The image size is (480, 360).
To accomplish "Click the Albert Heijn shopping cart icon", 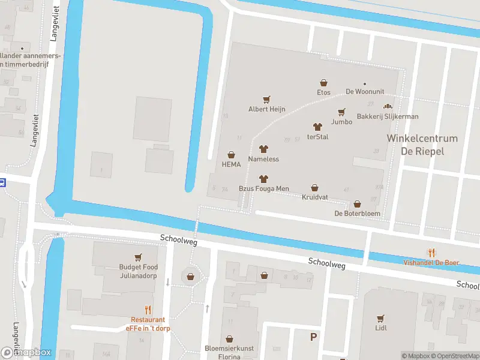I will click(x=267, y=99).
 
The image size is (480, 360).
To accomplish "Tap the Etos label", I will click(x=323, y=92).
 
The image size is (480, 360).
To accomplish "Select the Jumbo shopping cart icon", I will click(x=342, y=112).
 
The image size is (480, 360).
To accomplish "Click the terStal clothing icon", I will click(x=317, y=127).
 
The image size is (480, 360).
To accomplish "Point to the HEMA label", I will click(x=231, y=164).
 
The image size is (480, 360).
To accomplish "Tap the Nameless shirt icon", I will click(x=263, y=149).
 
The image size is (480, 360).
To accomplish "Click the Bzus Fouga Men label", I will click(x=263, y=188).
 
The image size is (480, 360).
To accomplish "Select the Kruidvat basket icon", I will click(x=314, y=188).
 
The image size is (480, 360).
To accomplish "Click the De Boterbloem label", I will click(x=357, y=214).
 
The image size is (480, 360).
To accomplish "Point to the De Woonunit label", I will click(x=364, y=92).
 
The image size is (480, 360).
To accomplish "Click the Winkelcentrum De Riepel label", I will click(x=422, y=145).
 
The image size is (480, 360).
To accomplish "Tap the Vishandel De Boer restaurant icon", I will click(x=430, y=252).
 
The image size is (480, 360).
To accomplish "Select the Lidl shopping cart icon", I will click(x=380, y=318).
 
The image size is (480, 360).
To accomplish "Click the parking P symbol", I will click(x=313, y=337).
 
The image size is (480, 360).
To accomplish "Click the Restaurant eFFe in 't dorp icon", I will click(x=148, y=310).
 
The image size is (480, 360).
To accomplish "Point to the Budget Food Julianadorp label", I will click(x=138, y=271).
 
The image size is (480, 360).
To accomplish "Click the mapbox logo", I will click(x=26, y=353).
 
